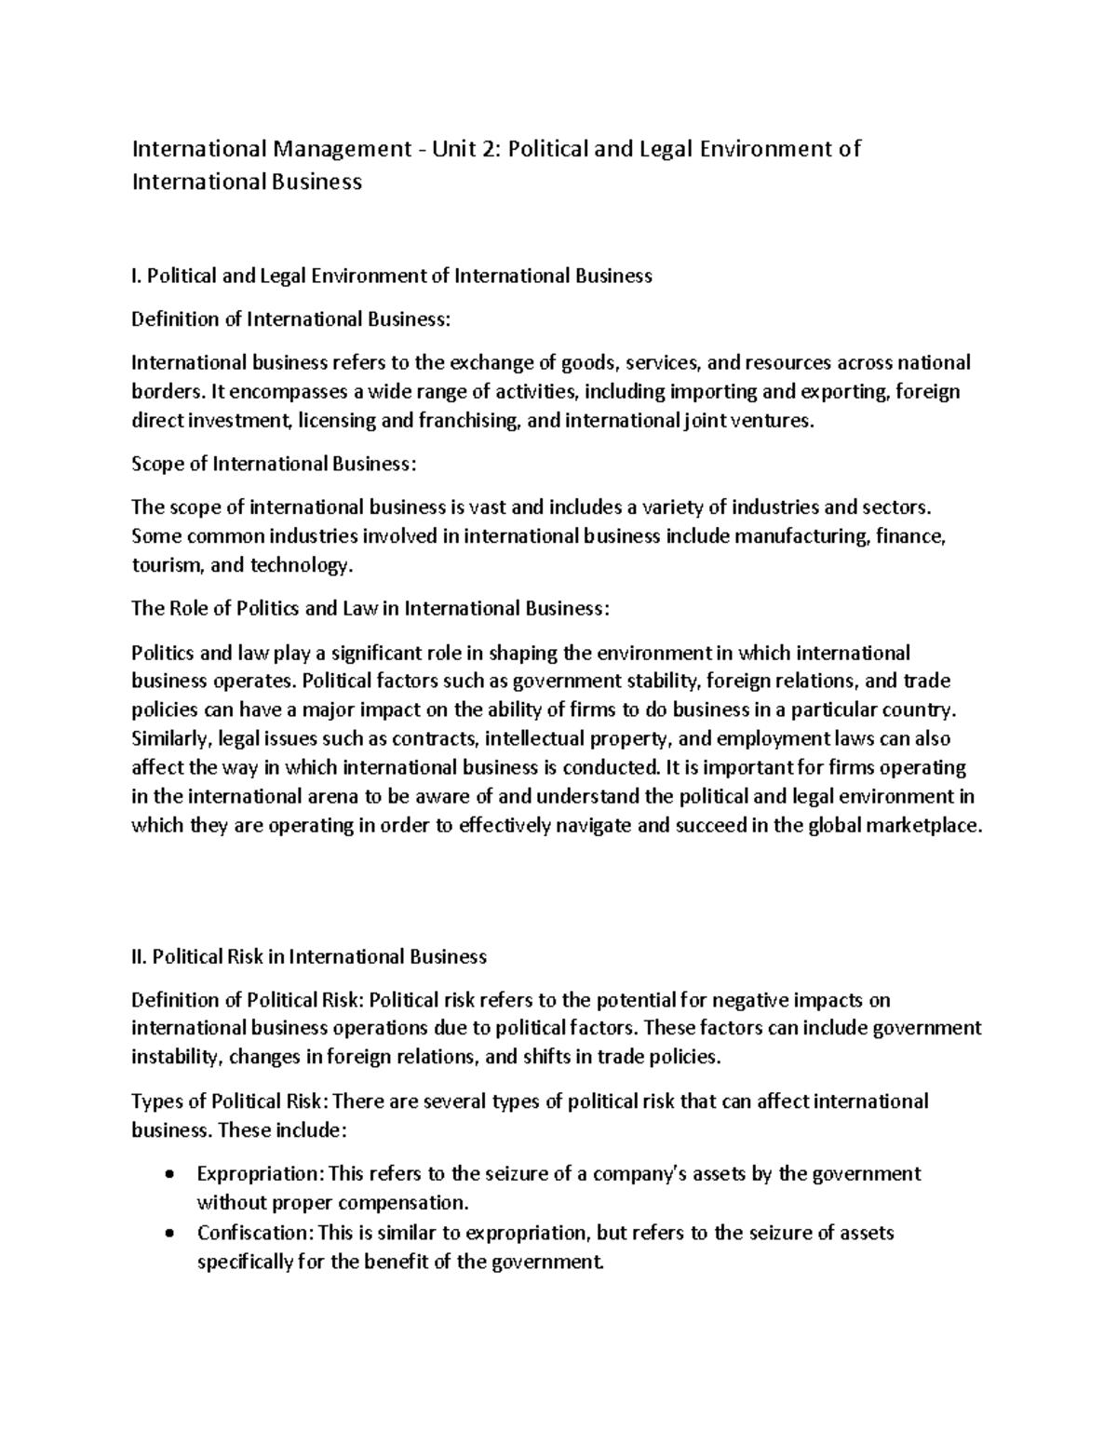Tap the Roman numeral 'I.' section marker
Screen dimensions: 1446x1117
point(137,276)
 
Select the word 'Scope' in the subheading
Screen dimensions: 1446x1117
point(157,464)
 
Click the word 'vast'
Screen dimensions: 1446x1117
point(488,507)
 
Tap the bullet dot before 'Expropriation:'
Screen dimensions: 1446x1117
point(168,1174)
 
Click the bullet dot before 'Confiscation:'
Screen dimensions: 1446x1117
point(168,1234)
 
